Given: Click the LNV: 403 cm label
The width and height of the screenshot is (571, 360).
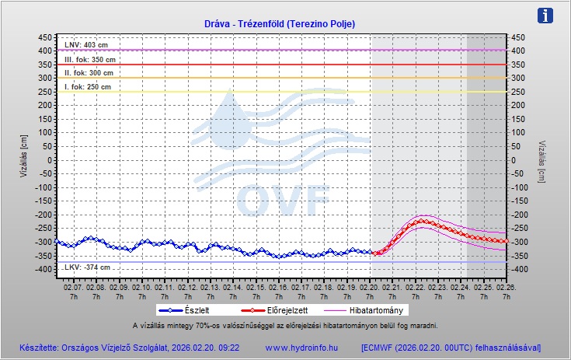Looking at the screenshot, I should click(85, 45).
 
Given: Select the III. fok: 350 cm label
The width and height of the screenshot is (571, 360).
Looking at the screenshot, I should click(90, 59).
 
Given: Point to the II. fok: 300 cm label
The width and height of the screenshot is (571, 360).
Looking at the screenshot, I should click(89, 73).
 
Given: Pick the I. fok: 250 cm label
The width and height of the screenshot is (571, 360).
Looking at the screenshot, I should click(88, 87).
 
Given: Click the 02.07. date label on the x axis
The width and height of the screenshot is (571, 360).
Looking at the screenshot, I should click(73, 287).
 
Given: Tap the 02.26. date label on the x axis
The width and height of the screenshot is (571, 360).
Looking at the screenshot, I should click(507, 287).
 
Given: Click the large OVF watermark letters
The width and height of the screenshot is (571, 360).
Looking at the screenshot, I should click(283, 201).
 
